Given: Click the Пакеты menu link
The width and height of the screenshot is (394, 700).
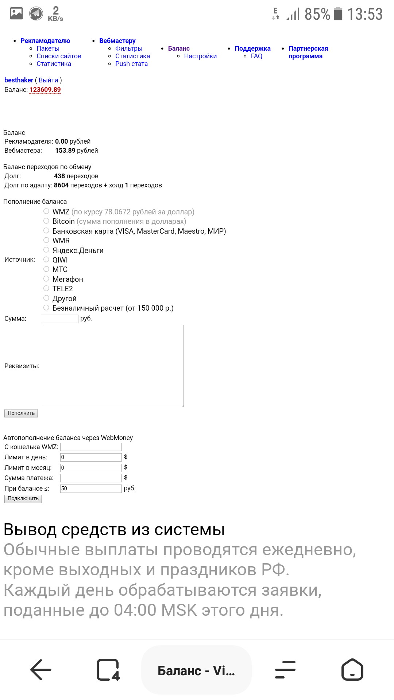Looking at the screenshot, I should pos(48,48).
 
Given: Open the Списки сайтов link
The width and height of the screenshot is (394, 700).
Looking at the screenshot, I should pos(59,56).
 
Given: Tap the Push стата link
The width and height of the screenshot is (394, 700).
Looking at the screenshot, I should pos(131,64).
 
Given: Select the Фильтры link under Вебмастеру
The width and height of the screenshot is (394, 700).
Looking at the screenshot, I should pos(129,48).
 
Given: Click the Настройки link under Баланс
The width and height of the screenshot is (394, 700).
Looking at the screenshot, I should pos(200,56).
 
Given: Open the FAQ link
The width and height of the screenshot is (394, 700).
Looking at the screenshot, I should pos(256,56).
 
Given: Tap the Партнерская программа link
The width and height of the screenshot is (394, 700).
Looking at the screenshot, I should pos(308,52).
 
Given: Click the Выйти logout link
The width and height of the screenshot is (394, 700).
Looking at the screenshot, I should pos(49,80).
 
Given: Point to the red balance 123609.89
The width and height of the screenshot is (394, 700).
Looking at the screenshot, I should pos(45,90).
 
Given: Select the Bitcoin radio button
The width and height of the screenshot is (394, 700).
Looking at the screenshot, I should pos(46,221).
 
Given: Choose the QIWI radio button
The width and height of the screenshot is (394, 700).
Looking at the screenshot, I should pos(46,260).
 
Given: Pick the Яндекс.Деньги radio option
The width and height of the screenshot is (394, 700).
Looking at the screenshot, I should pos(46,250).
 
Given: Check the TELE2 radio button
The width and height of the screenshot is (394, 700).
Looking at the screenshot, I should pos(46,288).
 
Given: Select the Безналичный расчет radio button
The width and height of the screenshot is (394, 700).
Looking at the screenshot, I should pos(46,308).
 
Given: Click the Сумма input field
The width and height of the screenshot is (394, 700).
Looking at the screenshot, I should pos(59,319).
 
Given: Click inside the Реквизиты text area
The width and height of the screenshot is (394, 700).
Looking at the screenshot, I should pos(112,366).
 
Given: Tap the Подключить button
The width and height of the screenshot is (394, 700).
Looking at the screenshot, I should pos(23,498).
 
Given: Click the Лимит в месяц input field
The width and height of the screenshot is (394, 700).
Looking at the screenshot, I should pos(90,468).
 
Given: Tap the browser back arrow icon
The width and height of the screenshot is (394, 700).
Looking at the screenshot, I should pos(40,670).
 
